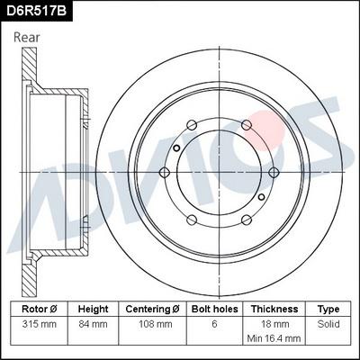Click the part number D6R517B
[36, 11]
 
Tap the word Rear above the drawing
[27, 38]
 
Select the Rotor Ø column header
[40, 309]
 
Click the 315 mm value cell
[40, 324]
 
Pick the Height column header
[93, 309]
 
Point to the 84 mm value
[93, 324]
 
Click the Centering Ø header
[152, 309]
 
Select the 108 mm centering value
[156, 324]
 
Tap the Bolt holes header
[215, 309]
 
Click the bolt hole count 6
[214, 324]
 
